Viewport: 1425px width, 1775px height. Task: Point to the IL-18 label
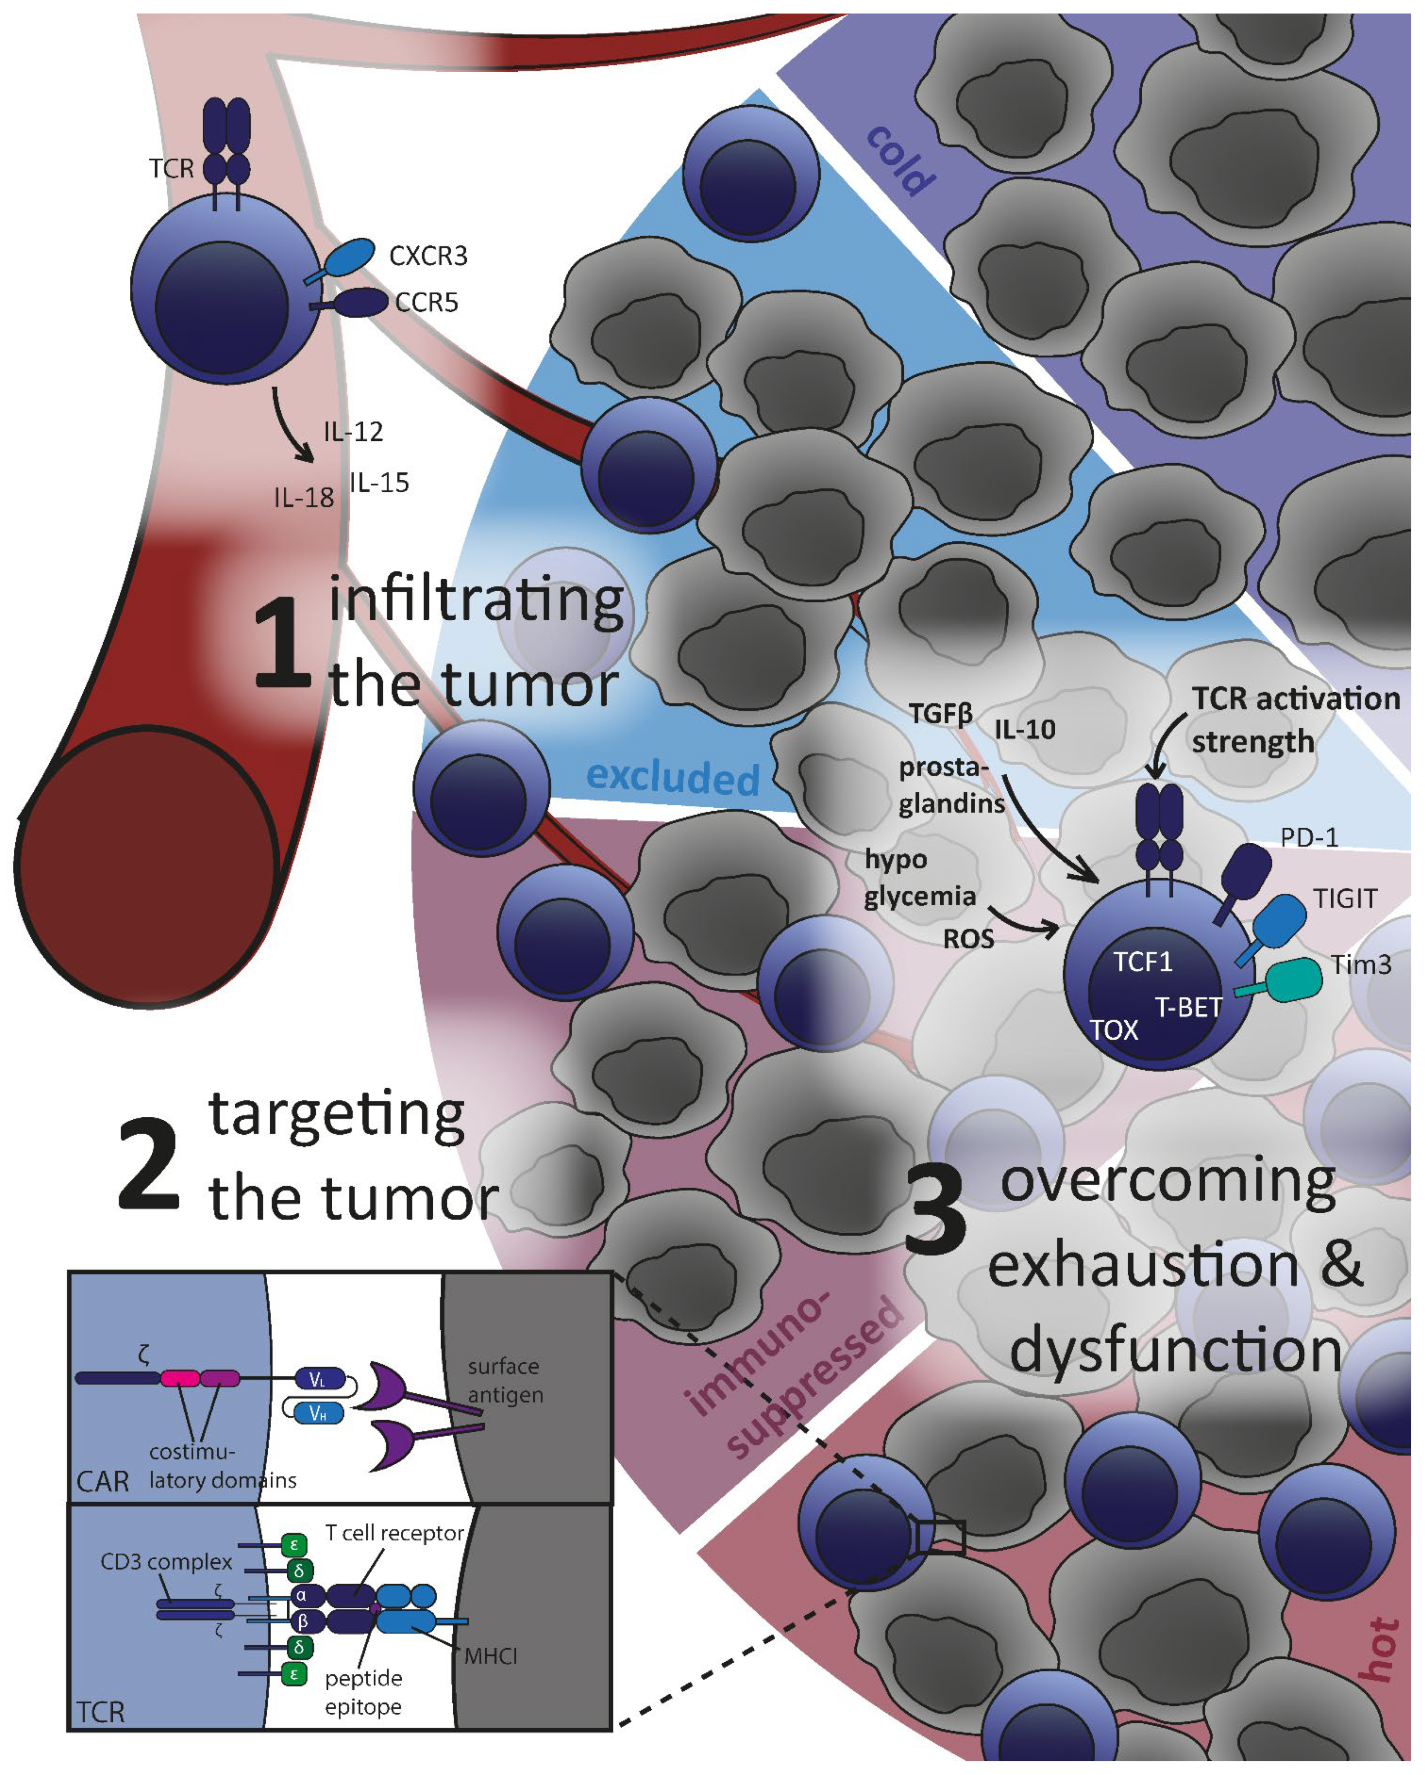click(x=304, y=497)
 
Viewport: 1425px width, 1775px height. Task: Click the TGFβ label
click(x=941, y=713)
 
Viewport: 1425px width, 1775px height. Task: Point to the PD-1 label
click(x=1309, y=837)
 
